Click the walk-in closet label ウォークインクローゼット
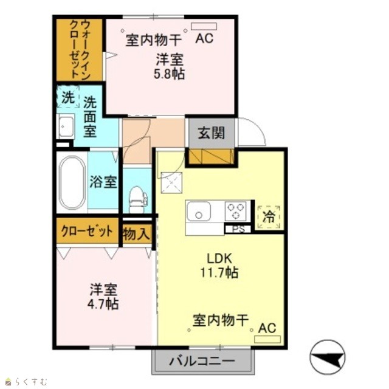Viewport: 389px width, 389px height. (x=80, y=49)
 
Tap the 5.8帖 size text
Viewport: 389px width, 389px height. (x=169, y=74)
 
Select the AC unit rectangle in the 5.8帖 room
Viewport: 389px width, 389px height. (x=204, y=26)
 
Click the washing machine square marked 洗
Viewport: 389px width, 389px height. (x=67, y=97)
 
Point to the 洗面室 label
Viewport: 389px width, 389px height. (x=90, y=117)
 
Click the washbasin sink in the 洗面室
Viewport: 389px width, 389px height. (x=66, y=126)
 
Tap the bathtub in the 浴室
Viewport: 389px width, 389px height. (x=72, y=182)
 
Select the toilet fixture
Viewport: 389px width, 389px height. (x=138, y=199)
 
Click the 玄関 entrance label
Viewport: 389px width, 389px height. (x=212, y=133)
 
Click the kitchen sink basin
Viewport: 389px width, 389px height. (x=199, y=211)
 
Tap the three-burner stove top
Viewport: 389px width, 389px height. (x=236, y=211)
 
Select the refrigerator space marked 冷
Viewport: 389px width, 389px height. (x=269, y=217)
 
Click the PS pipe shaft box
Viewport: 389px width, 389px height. (x=238, y=229)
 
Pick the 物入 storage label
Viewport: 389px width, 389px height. (x=137, y=234)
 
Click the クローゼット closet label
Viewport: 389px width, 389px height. (x=87, y=231)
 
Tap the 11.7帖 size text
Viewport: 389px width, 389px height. (x=219, y=272)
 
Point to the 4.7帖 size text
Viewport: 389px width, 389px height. (x=103, y=304)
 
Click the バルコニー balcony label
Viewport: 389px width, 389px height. (x=202, y=361)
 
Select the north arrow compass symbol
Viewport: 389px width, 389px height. (x=328, y=357)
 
